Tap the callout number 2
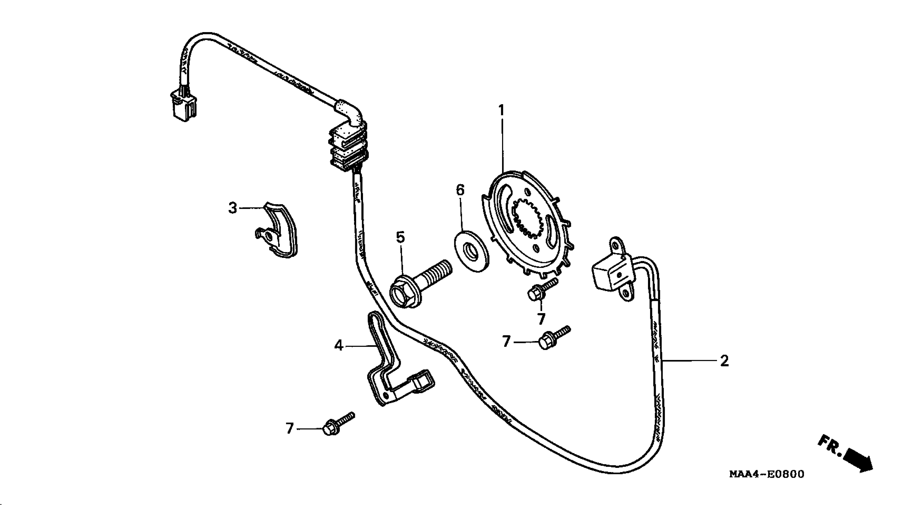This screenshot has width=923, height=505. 724,361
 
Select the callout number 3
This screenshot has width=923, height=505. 233,208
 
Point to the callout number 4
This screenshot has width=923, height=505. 339,345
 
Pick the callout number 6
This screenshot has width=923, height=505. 460,190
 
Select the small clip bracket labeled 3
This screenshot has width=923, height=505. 278,232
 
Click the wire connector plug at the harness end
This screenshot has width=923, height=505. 183,106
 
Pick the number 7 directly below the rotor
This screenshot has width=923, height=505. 541,319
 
